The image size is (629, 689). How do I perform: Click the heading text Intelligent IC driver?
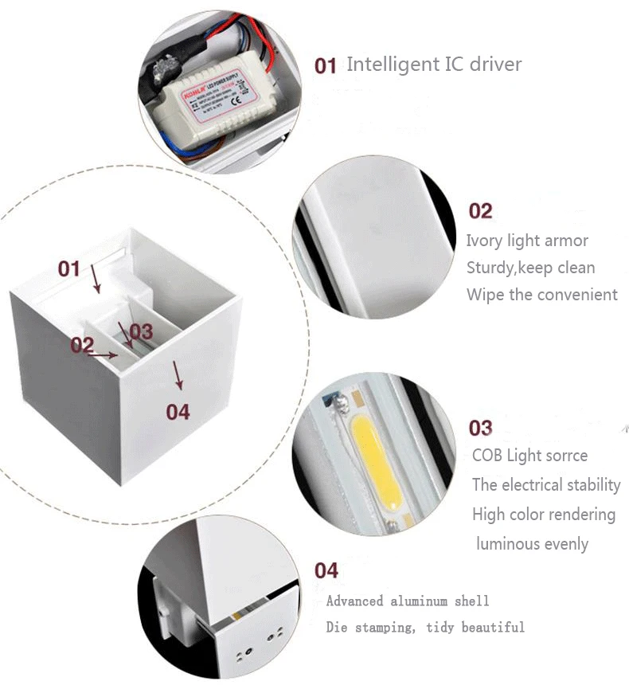434,65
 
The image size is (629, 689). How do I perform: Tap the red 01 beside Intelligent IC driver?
326,65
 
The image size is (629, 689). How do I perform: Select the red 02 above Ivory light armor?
480,211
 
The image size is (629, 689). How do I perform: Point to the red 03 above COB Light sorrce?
480,429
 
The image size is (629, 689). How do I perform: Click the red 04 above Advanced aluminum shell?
326,570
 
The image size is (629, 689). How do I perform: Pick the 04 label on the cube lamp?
178,411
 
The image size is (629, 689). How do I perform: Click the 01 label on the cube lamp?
69,268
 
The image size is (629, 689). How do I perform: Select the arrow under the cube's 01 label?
96,279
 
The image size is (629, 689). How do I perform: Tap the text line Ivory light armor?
527,241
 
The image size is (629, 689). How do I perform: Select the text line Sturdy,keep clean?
530,268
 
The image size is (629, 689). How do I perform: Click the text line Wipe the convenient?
542,295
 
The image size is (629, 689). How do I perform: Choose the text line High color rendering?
544,515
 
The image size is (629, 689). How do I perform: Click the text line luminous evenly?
532,544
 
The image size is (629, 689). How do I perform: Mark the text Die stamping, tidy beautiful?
425,627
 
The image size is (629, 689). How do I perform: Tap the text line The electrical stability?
546,484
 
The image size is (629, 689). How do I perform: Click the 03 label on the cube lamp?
140,331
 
